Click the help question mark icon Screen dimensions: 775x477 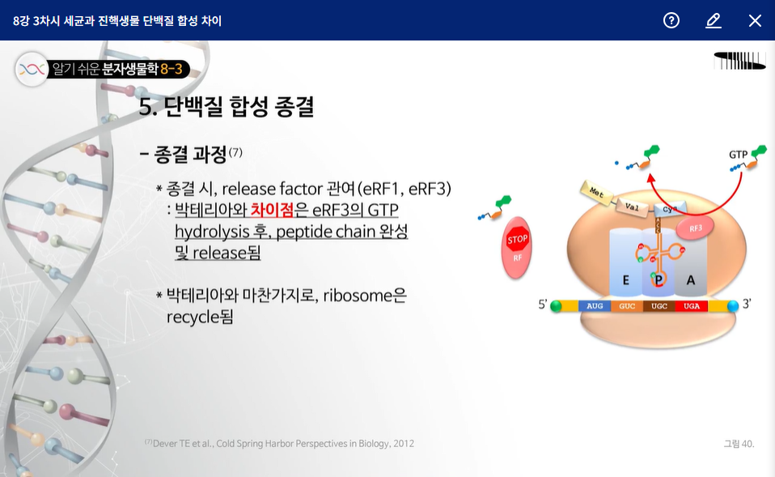pyautogui.click(x=671, y=20)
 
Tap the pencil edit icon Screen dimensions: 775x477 pyautogui.click(x=714, y=21)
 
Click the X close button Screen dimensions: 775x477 pyautogui.click(x=755, y=21)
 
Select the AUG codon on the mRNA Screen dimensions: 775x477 pyautogui.click(x=595, y=306)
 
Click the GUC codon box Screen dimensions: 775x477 pyautogui.click(x=627, y=306)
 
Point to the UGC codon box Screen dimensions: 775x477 pyautogui.click(x=659, y=306)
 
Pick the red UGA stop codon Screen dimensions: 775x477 pyautogui.click(x=692, y=306)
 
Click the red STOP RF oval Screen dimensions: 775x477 pyautogui.click(x=516, y=248)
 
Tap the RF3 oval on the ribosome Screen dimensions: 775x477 pyautogui.click(x=695, y=228)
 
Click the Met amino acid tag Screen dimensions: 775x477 pyautogui.click(x=596, y=192)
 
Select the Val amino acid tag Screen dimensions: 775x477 pyautogui.click(x=632, y=207)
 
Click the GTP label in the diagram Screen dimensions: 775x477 pyautogui.click(x=738, y=155)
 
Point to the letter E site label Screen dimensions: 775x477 pyautogui.click(x=625, y=280)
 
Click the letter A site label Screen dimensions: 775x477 pyautogui.click(x=691, y=280)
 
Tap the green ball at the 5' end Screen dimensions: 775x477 pyautogui.click(x=556, y=306)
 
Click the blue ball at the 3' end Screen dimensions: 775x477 pyautogui.click(x=733, y=306)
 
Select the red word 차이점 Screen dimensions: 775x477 pyautogui.click(x=272, y=210)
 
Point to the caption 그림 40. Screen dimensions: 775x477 pyautogui.click(x=739, y=444)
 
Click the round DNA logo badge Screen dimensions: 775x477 pyautogui.click(x=32, y=70)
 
